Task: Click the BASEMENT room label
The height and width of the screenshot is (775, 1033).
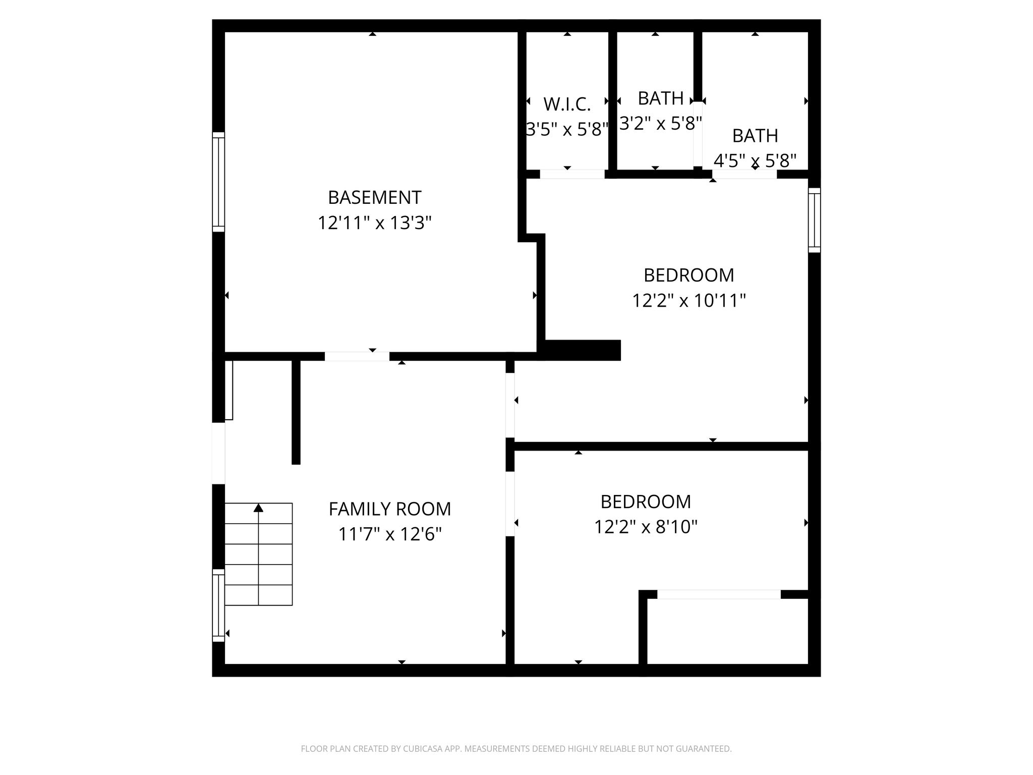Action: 374,197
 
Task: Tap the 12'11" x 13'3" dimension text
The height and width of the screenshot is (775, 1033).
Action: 374,223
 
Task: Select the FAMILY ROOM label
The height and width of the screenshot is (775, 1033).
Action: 390,509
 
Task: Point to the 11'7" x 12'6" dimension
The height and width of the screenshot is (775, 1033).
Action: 390,534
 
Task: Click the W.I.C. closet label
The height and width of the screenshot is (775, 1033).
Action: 567,104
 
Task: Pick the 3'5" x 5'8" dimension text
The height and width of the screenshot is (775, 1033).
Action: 567,130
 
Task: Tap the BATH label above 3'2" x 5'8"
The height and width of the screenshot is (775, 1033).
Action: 661,98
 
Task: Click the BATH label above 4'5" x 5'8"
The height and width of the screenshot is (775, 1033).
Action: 755,136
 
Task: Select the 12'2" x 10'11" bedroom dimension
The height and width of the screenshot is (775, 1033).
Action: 689,301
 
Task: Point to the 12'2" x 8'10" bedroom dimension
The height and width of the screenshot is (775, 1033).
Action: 646,527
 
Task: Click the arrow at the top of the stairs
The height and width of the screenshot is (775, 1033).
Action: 258,508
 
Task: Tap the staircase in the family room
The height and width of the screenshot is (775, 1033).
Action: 258,554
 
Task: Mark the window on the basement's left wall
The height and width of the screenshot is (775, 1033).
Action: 218,182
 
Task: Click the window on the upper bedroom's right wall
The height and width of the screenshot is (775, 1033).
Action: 814,220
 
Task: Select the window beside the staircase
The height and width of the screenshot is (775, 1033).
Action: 218,605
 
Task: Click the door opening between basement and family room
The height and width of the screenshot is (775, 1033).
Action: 357,356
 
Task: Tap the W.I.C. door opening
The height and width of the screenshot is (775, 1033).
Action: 572,174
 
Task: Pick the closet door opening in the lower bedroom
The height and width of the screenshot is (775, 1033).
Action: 719,594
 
